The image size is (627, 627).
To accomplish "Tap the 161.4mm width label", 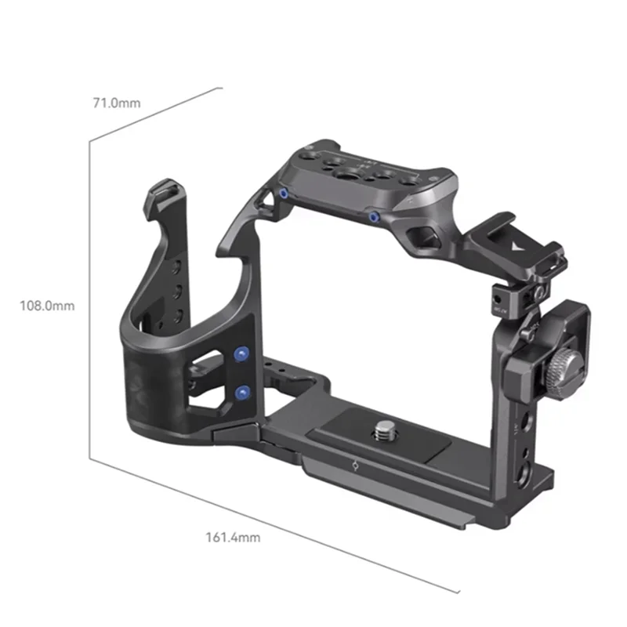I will [233, 538].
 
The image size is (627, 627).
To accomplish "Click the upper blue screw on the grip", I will [241, 355].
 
